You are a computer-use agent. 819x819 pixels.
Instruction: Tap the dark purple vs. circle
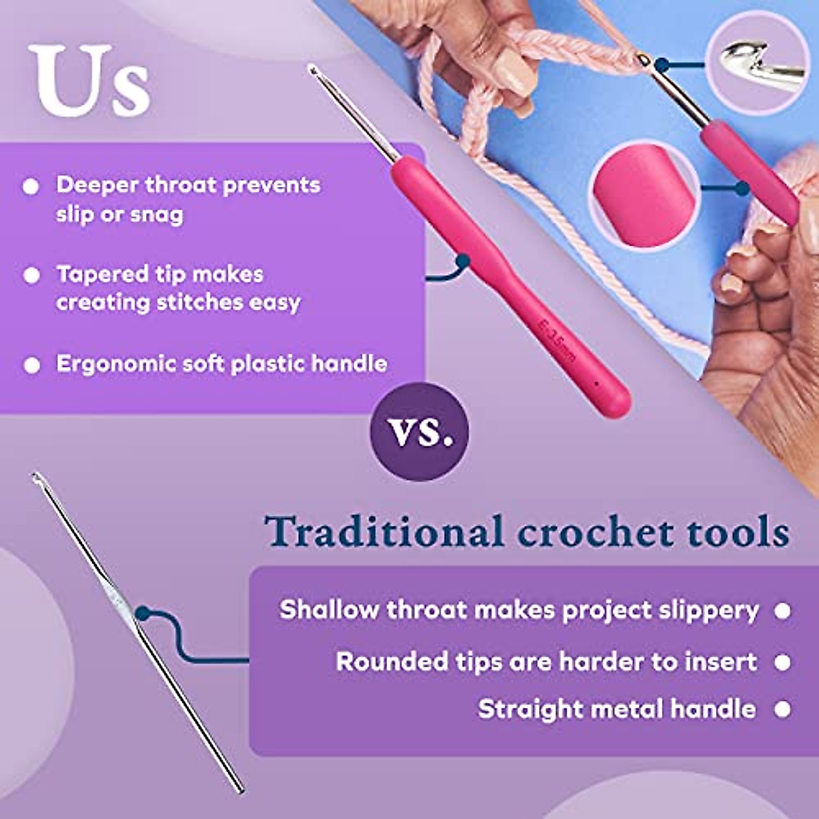coord(419,432)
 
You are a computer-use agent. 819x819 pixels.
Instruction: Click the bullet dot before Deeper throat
coord(31,186)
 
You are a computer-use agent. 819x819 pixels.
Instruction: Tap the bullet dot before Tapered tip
coord(31,275)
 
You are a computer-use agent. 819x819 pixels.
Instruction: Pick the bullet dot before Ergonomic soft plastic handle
coord(31,364)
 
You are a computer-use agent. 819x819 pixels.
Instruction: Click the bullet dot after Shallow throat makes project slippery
coord(782,610)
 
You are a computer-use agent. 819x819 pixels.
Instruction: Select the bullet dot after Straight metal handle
coord(782,710)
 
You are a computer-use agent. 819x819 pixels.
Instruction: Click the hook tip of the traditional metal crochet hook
coord(35,476)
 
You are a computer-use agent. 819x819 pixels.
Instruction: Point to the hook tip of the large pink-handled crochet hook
coord(313,70)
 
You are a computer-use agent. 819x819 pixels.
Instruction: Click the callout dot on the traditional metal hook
coord(142,614)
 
